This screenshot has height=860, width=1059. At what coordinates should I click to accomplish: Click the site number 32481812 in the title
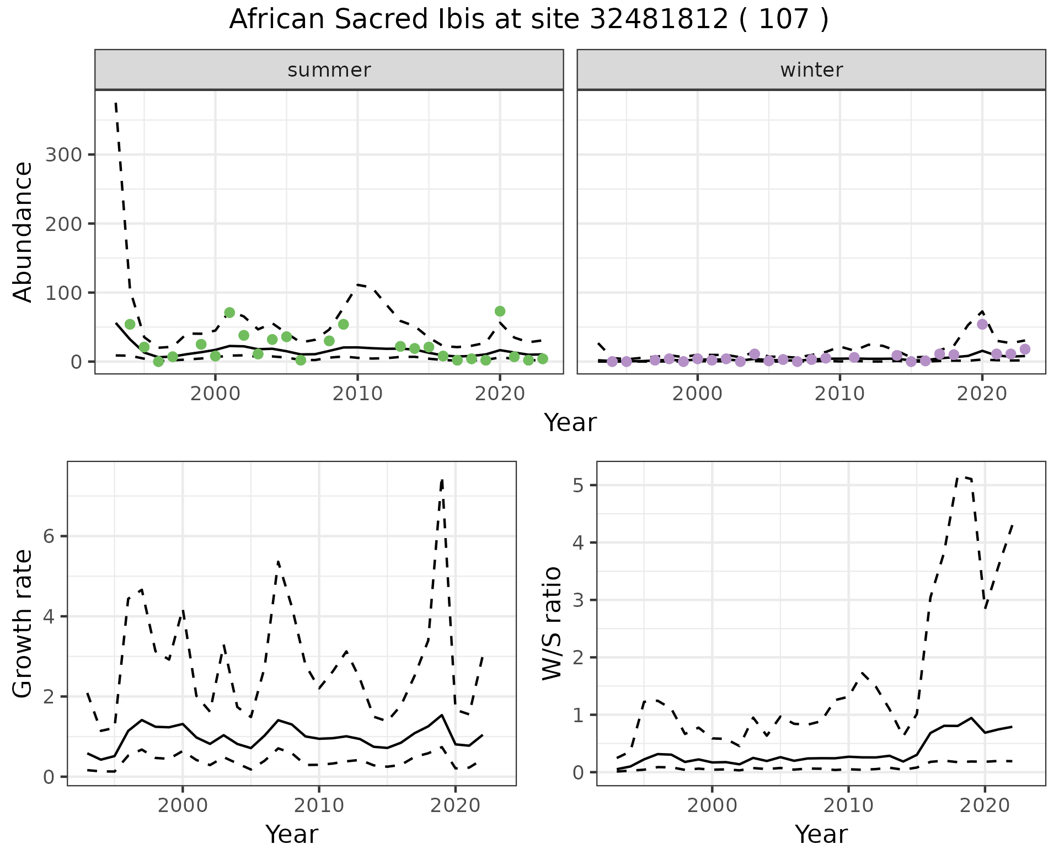[x=659, y=20]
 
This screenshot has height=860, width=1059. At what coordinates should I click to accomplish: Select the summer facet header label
[x=329, y=70]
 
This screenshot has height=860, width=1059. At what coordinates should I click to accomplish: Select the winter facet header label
[x=811, y=70]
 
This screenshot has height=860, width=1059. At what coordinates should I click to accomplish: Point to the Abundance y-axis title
[x=23, y=232]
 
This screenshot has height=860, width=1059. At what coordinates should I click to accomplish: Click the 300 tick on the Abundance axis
[x=63, y=155]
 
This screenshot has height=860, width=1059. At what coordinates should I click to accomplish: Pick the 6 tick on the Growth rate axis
[x=49, y=537]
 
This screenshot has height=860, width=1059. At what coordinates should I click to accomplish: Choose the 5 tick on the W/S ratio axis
[x=577, y=485]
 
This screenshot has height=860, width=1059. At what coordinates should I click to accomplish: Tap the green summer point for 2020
[x=500, y=311]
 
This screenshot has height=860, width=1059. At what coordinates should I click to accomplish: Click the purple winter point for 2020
[x=982, y=324]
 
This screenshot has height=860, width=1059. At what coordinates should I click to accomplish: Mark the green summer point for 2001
[x=229, y=313]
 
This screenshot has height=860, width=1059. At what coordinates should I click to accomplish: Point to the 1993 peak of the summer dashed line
[x=116, y=103]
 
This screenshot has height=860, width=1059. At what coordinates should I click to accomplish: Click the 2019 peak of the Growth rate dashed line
[x=442, y=480]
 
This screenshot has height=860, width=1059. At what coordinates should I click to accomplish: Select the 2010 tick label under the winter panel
[x=839, y=394]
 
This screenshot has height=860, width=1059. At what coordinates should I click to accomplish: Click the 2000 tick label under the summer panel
[x=215, y=394]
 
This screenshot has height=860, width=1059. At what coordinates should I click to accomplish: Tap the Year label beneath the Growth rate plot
[x=292, y=835]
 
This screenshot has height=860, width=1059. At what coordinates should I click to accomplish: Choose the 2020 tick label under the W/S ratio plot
[x=985, y=805]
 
